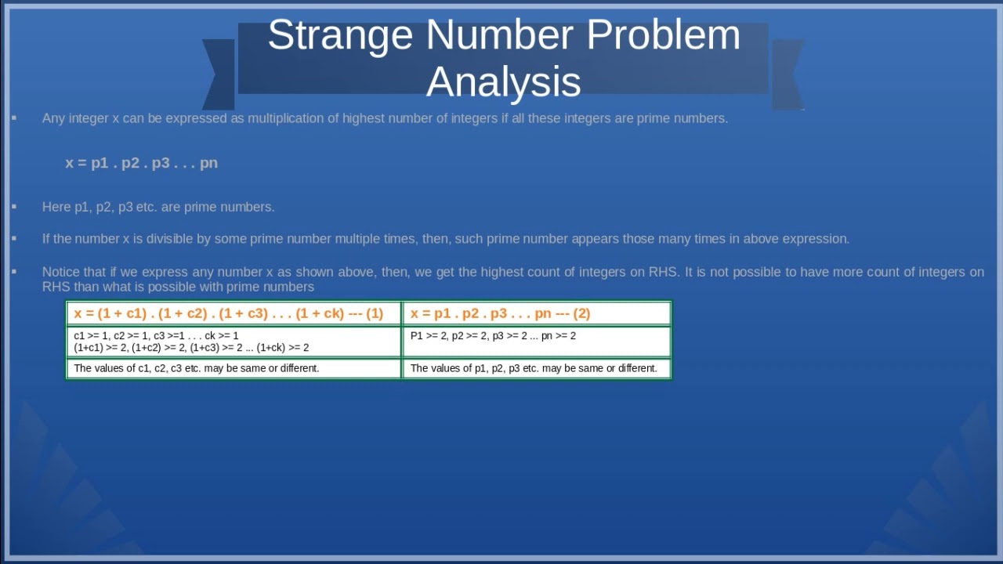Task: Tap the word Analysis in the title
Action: click(503, 82)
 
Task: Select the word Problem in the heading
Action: click(663, 35)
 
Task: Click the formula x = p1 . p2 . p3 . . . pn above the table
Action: click(141, 163)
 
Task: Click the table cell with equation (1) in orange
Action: click(234, 313)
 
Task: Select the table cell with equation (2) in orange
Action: click(537, 313)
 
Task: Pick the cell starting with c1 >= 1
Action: click(234, 342)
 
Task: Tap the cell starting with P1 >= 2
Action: click(537, 342)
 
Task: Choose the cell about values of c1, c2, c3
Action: click(234, 368)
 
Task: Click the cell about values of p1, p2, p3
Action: click(537, 368)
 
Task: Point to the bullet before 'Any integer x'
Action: click(14, 118)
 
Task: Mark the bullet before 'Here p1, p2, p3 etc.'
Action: click(14, 207)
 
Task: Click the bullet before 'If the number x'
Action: click(14, 238)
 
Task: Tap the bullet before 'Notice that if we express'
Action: click(14, 272)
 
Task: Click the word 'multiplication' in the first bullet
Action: click(284, 118)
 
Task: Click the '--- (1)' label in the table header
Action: click(365, 313)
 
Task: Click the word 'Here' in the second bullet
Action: click(56, 207)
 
